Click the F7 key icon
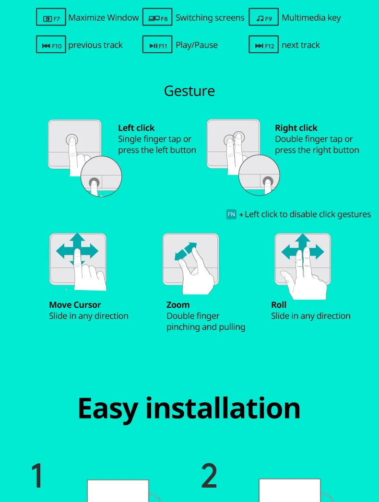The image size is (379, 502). (51, 17)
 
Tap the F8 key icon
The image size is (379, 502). (157, 17)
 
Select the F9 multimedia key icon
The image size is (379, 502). (264, 17)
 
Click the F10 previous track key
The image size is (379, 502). (51, 45)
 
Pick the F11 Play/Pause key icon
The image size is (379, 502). (157, 45)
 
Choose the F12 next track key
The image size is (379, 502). (264, 45)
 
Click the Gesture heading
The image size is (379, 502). (189, 92)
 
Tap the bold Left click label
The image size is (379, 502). (136, 128)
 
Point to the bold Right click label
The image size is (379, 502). (296, 128)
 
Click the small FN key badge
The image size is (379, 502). (231, 214)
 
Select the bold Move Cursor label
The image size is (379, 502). (75, 305)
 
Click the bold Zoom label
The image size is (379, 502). (178, 305)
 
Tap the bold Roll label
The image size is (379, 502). (279, 305)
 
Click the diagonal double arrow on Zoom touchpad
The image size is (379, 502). (186, 251)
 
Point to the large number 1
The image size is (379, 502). (37, 476)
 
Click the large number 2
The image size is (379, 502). (209, 476)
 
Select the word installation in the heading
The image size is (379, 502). (223, 408)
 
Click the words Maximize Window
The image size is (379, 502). (104, 18)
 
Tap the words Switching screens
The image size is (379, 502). (210, 18)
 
